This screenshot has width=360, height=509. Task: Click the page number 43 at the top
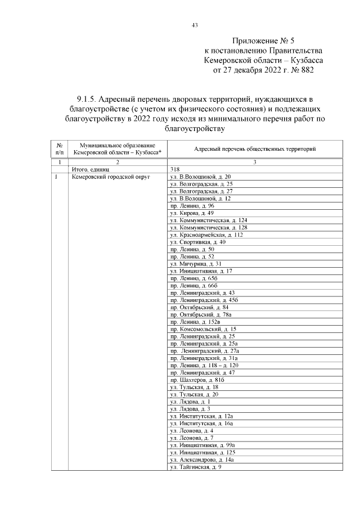(195, 25)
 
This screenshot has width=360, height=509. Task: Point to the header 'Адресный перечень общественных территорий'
(254, 149)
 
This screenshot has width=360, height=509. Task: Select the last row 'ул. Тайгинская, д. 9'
(196, 467)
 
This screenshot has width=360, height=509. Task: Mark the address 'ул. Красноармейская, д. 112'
(206, 235)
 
